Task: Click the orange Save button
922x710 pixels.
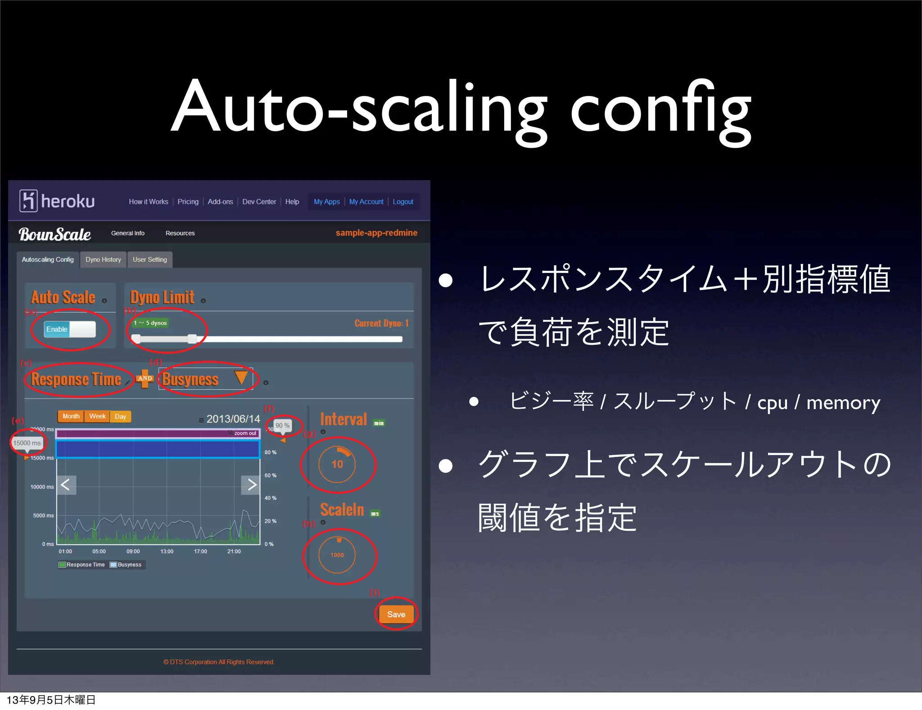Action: (x=396, y=614)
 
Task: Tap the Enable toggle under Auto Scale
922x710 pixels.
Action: (x=70, y=329)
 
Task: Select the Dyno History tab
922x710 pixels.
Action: (x=103, y=259)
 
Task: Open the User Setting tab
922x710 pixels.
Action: (x=149, y=259)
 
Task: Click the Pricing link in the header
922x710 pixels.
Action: (x=188, y=202)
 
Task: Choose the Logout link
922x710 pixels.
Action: (x=402, y=202)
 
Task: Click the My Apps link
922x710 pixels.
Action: (x=326, y=202)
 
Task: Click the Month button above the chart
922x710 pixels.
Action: (x=71, y=416)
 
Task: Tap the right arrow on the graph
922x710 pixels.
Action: (x=251, y=485)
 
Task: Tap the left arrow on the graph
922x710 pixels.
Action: (x=66, y=485)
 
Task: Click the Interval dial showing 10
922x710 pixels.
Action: (x=337, y=464)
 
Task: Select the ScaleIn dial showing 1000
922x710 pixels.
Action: (x=337, y=555)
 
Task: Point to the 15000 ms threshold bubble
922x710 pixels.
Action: (x=27, y=443)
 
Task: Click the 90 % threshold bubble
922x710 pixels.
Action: (x=282, y=425)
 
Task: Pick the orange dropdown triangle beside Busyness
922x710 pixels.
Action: (x=241, y=378)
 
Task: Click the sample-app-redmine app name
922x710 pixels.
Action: (x=376, y=233)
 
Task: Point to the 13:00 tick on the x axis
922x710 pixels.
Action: (x=167, y=551)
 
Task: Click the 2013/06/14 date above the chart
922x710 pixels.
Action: (x=233, y=419)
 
